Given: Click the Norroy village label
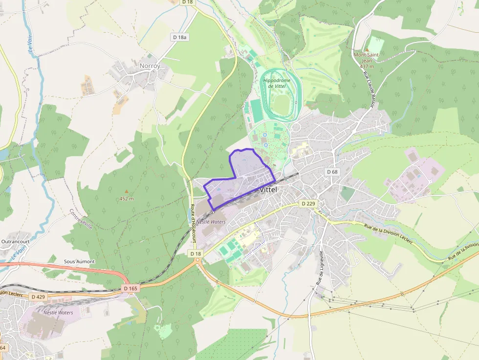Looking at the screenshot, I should pyautogui.click(x=150, y=65).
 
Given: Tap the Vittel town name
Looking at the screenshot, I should pyautogui.click(x=269, y=189).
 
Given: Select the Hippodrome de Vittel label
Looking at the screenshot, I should pyautogui.click(x=277, y=83).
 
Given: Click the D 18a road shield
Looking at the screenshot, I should pyautogui.click(x=180, y=37).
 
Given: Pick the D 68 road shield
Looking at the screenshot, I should pyautogui.click(x=332, y=171).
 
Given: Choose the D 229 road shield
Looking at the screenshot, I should pyautogui.click(x=308, y=203).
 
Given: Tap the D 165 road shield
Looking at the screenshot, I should pyautogui.click(x=131, y=289).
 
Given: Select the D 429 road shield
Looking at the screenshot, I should pyautogui.click(x=38, y=296).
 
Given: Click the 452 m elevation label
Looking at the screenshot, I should pyautogui.click(x=127, y=199).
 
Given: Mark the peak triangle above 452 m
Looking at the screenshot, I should pyautogui.click(x=127, y=191).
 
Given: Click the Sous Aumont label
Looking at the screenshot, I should pyautogui.click(x=79, y=261).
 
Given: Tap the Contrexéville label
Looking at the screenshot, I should pyautogui.click(x=81, y=219).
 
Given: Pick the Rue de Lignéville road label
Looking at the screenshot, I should pyautogui.click(x=320, y=268).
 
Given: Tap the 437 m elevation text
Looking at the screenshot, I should pyautogui.click(x=367, y=66).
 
